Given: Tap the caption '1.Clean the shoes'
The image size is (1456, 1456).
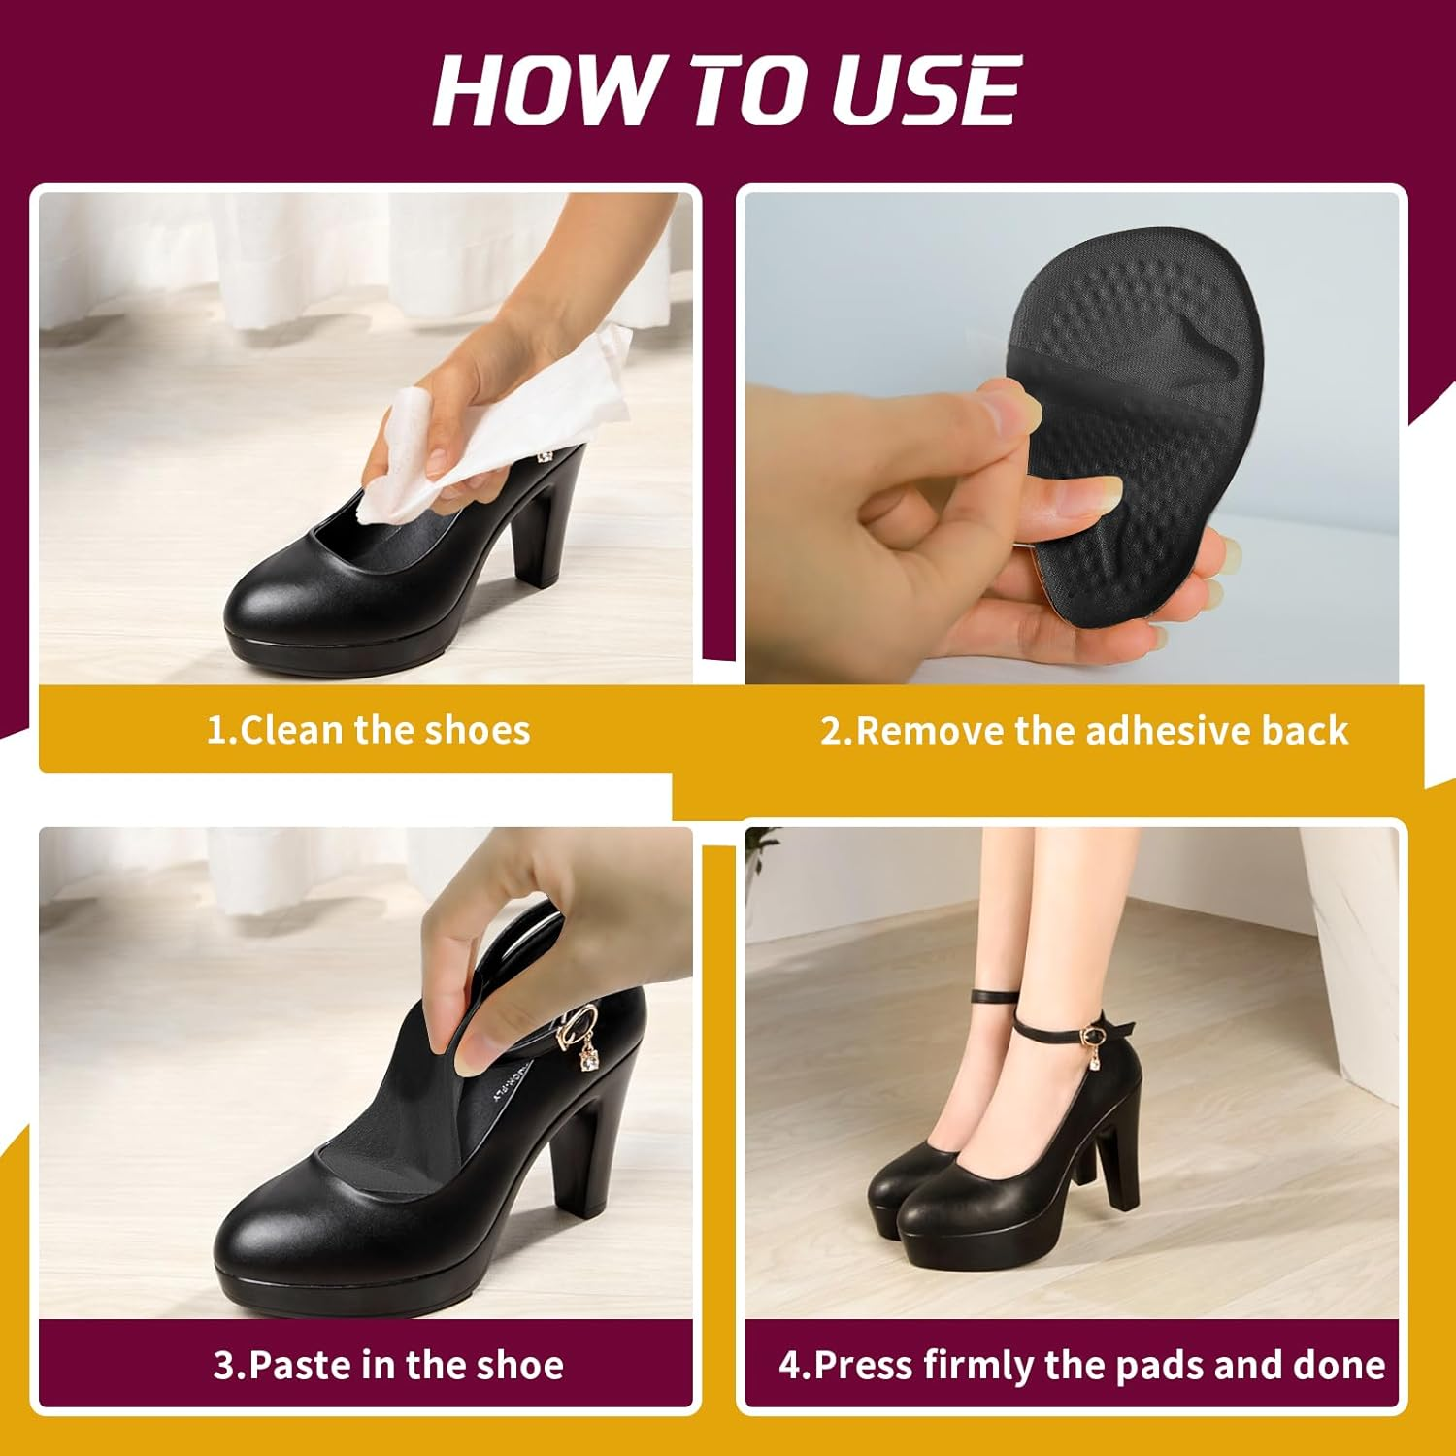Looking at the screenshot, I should click(x=368, y=730).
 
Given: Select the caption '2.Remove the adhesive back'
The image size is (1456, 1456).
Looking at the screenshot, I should click(x=1083, y=730).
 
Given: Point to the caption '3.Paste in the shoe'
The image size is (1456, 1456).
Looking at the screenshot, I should click(x=388, y=1365).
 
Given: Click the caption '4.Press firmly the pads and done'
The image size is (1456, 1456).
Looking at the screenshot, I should click(x=1081, y=1365).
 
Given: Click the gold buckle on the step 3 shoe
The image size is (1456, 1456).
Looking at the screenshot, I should click(x=579, y=1019).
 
